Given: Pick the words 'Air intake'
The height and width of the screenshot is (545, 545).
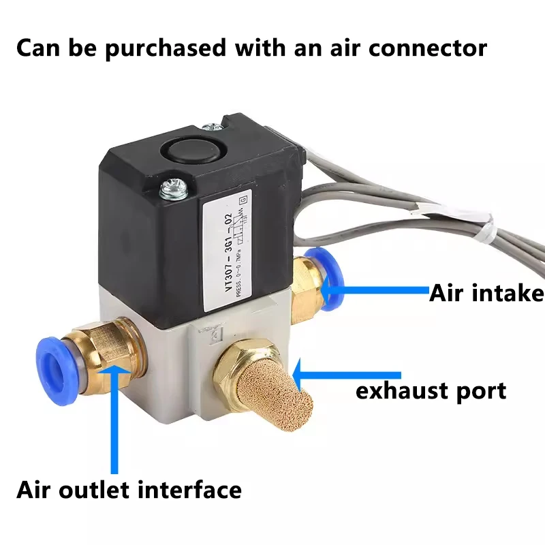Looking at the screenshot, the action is [486, 293].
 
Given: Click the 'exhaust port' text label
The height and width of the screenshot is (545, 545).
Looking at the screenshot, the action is [431, 390].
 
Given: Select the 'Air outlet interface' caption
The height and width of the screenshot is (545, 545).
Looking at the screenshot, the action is [129, 490].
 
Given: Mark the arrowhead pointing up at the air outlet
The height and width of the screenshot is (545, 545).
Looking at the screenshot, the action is [113, 374].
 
